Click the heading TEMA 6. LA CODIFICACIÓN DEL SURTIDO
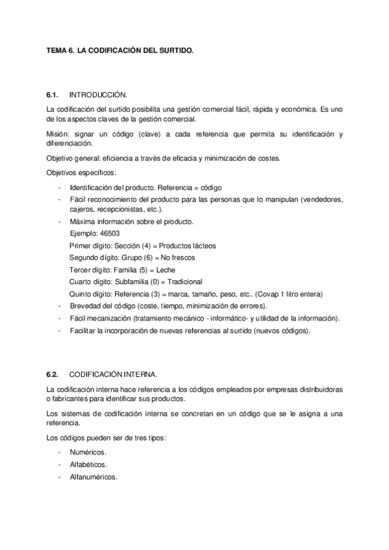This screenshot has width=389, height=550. pyautogui.click(x=120, y=49)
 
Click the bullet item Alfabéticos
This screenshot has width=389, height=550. pyautogui.click(x=89, y=464)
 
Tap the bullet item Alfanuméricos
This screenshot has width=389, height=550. pyautogui.click(x=94, y=477)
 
